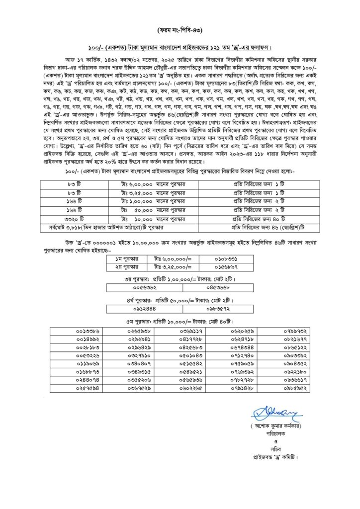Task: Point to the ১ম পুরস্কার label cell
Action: click(129, 259)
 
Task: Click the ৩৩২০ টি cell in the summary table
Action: click(74, 218)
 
